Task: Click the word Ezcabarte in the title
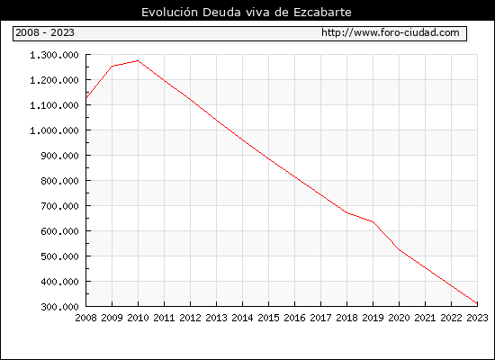322,13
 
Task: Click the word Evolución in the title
169,12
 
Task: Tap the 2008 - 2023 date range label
45,32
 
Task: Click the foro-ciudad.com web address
391,32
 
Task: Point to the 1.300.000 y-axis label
54,55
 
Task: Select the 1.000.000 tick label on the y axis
54,130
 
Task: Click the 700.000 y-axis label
59,206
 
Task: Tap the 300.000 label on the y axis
59,307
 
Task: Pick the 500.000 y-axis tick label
59,256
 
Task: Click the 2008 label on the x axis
85,318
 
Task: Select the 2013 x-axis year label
216,318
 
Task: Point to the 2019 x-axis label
373,318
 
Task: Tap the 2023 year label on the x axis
477,318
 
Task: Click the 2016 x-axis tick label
294,318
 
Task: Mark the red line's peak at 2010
138,60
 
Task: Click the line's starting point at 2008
86,98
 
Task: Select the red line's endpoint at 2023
477,303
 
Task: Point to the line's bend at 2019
373,221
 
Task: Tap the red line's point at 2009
112,66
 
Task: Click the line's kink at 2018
346,212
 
